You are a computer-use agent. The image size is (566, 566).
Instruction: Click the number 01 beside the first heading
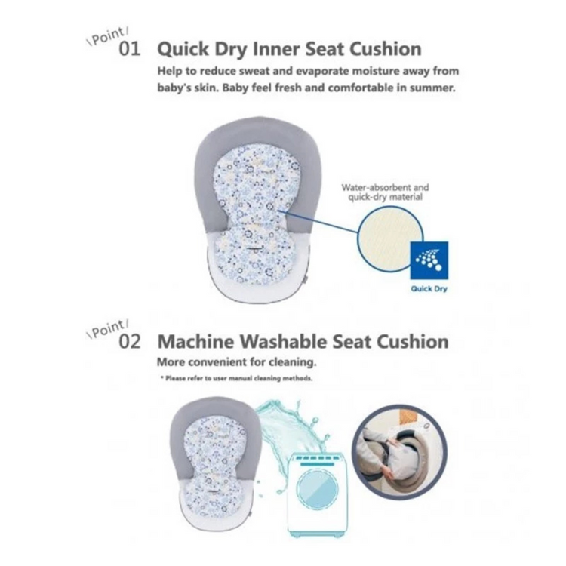(130, 49)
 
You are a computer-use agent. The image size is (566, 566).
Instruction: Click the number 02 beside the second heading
(130, 341)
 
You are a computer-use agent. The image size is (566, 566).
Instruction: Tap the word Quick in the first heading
(183, 50)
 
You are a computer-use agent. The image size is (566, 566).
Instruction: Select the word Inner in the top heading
(275, 49)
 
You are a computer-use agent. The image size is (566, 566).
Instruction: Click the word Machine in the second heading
(195, 341)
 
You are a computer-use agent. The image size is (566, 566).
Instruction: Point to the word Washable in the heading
(283, 341)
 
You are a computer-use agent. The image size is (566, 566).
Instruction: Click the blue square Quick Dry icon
(429, 260)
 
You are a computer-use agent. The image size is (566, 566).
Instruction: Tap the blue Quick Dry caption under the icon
(429, 289)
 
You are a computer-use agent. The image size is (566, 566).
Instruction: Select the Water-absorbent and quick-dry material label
(385, 192)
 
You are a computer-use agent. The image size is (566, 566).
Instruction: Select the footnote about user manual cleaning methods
(236, 379)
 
